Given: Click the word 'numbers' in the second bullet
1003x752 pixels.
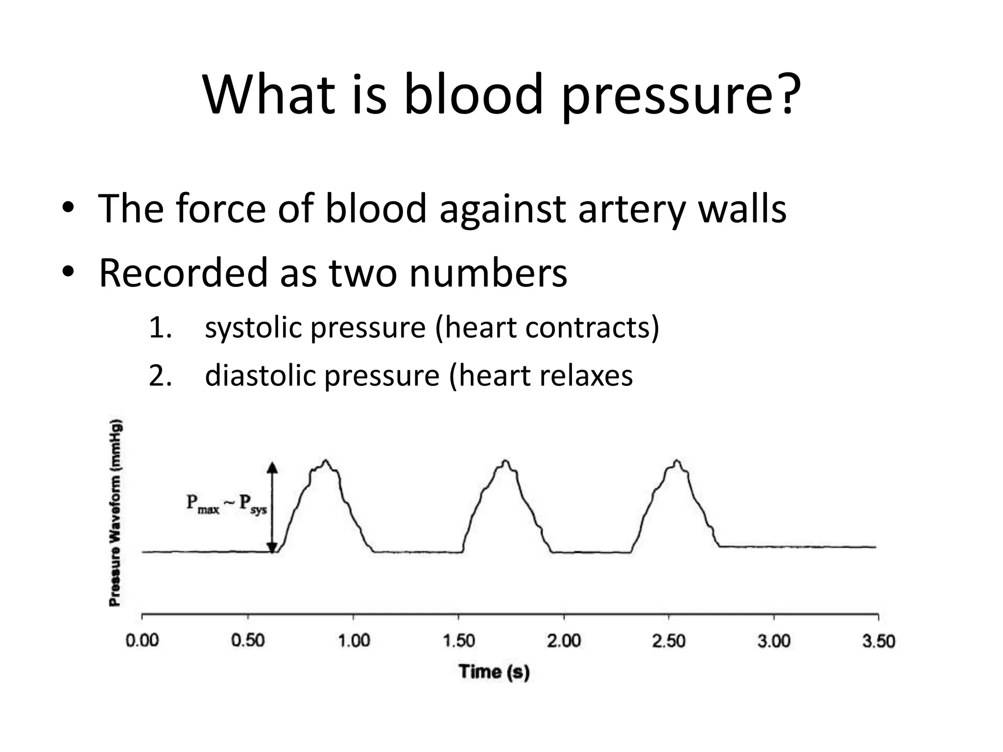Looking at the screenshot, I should [488, 273].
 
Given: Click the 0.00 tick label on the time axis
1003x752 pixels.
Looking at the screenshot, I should [142, 641].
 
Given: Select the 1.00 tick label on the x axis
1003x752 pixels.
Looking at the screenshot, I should [354, 641].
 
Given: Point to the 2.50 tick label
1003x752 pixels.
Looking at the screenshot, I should [669, 641].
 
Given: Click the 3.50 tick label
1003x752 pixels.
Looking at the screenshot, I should [879, 641].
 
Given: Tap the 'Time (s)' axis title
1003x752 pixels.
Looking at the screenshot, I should [494, 671].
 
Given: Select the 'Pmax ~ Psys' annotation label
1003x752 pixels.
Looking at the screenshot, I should [226, 504].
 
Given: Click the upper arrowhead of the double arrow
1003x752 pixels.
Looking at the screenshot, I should [273, 468].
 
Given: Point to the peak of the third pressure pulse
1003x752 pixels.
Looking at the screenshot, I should [677, 461].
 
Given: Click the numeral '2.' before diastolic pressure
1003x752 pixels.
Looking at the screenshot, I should [160, 376].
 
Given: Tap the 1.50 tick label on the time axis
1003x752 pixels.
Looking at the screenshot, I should [459, 641].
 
